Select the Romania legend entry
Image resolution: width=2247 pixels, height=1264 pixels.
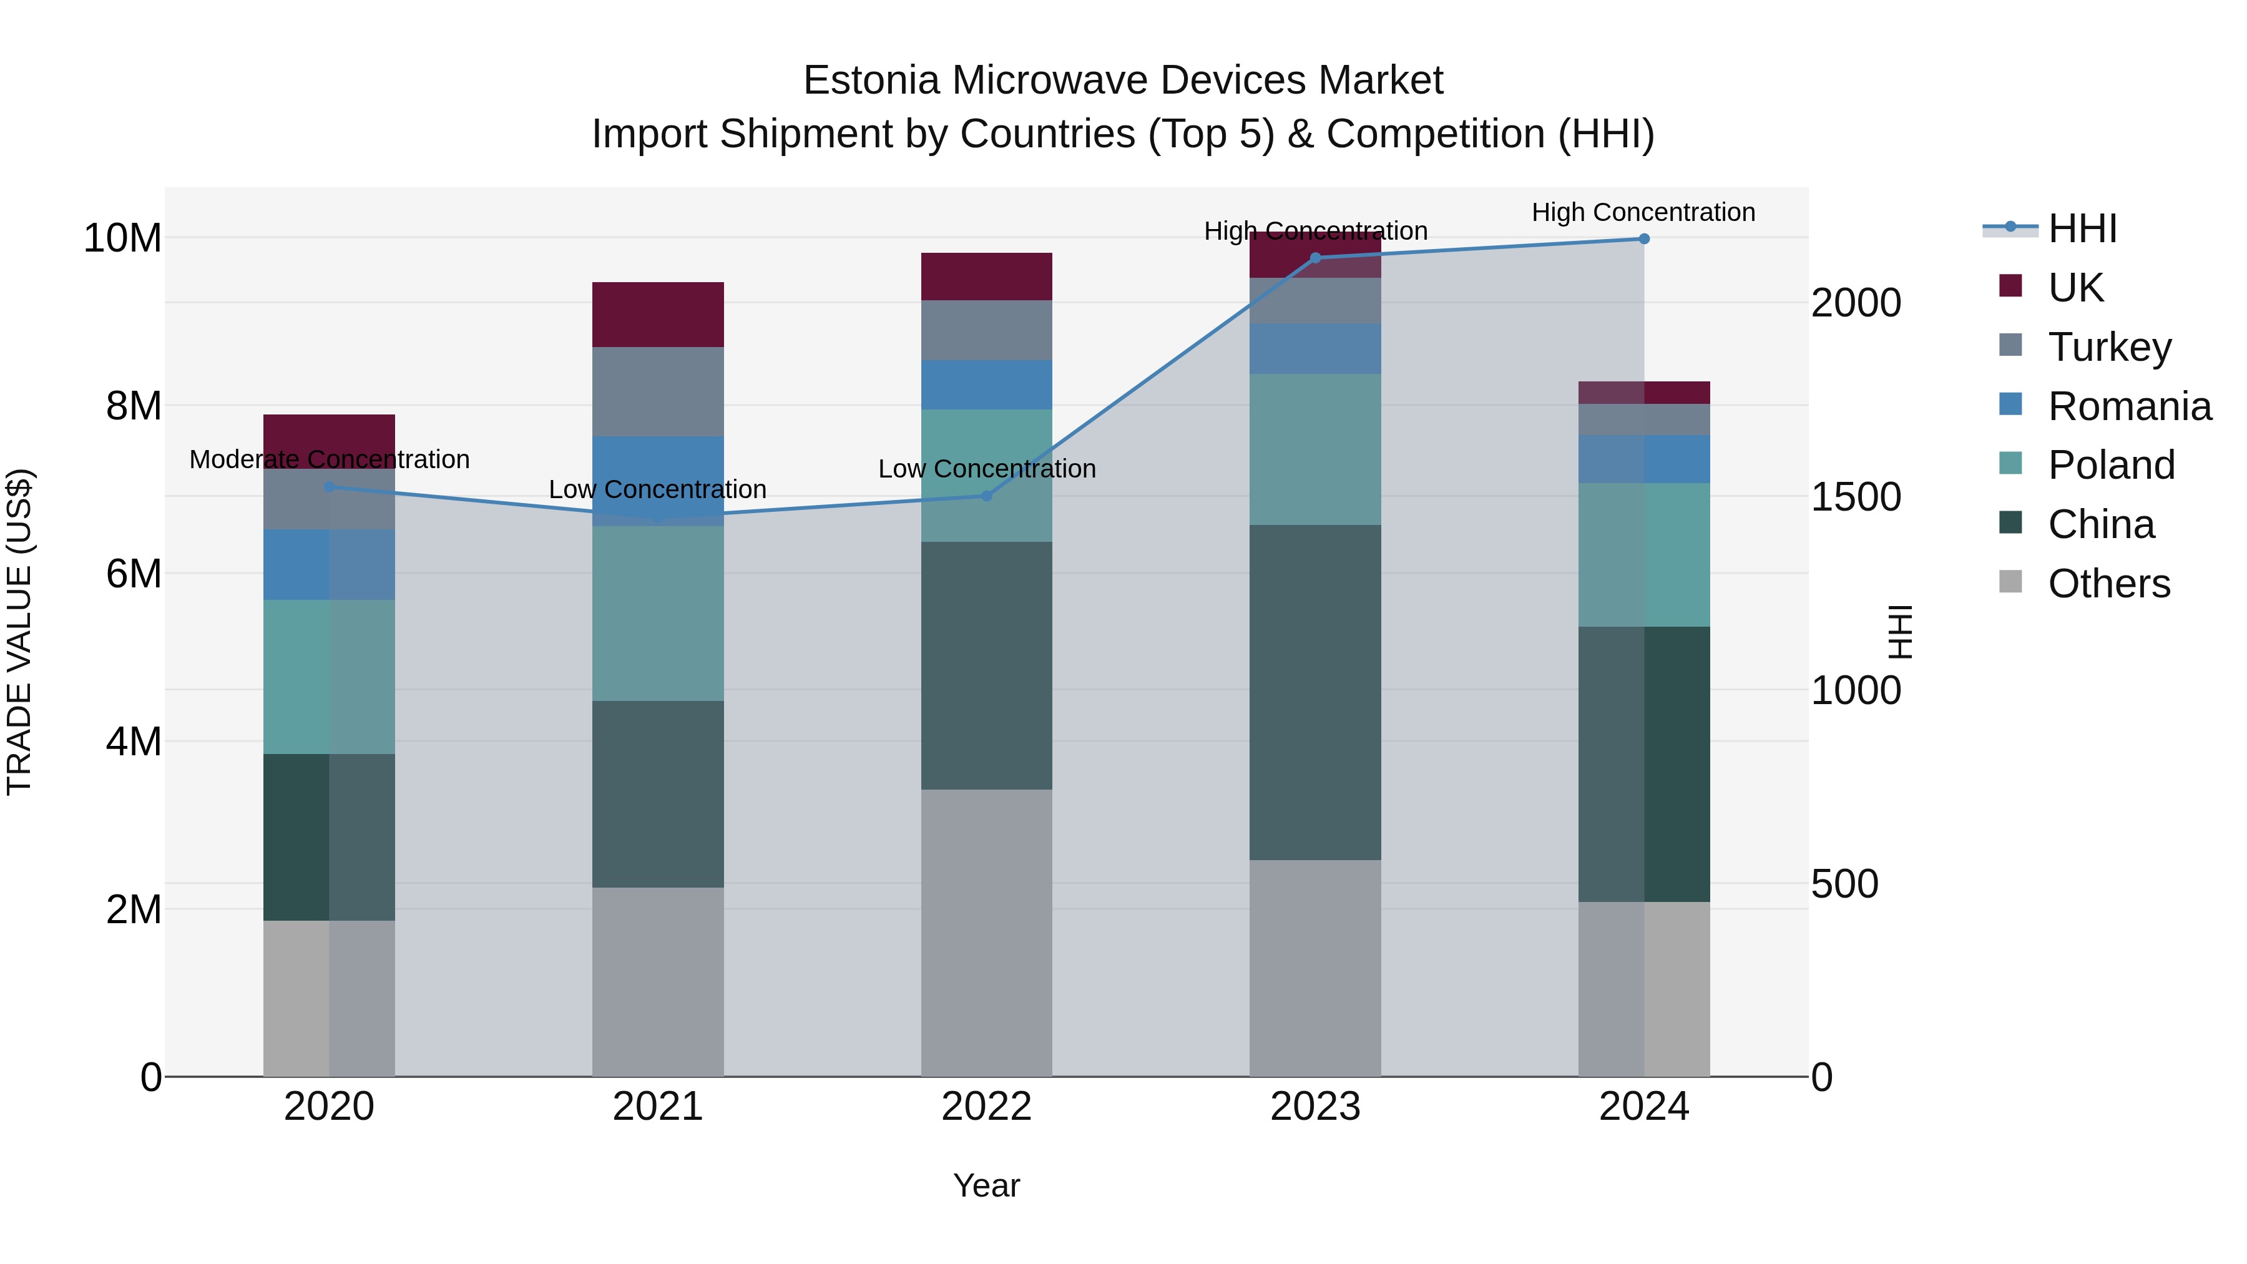tap(2128, 406)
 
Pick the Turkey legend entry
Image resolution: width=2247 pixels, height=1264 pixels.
tap(2108, 347)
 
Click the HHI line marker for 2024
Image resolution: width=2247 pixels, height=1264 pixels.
tap(1643, 239)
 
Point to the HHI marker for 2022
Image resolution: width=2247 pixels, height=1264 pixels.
tap(987, 496)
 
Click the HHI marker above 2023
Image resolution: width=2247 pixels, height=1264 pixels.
tap(1315, 258)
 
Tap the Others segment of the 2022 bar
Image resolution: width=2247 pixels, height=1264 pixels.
tap(987, 933)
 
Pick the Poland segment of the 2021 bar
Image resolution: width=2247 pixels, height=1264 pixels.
tap(658, 613)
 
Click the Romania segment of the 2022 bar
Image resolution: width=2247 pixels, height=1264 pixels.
tap(987, 385)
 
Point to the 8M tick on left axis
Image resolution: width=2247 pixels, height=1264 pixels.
tap(132, 406)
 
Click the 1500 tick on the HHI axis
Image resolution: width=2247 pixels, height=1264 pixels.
tap(1856, 497)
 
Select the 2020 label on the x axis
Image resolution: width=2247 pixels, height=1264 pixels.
tap(329, 1107)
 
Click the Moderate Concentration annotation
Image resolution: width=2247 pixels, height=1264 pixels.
tap(329, 459)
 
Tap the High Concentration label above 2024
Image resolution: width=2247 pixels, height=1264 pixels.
tap(1643, 212)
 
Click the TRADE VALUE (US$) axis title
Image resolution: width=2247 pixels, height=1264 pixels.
tap(19, 632)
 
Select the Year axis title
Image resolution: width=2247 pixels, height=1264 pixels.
tap(987, 1185)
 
